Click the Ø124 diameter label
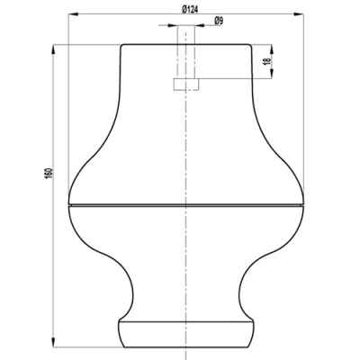[x=190, y=10]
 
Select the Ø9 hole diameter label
[x=219, y=21]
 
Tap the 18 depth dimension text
[x=268, y=61]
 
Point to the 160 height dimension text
[x=49, y=174]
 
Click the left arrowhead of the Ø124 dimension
[x=74, y=13]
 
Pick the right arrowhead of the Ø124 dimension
[x=299, y=13]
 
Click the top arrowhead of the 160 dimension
[x=54, y=49]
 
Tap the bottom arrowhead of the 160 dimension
[x=54, y=342]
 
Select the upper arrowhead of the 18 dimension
[x=272, y=49]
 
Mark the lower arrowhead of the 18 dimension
[x=272, y=74]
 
